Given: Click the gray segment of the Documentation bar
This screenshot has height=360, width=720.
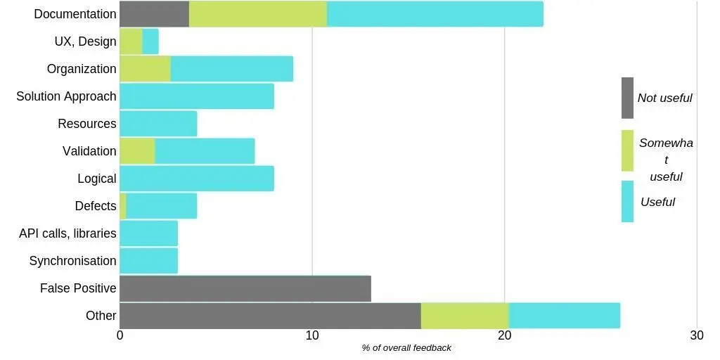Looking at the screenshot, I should tap(155, 14).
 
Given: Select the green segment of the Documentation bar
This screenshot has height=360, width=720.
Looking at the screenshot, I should tap(258, 14).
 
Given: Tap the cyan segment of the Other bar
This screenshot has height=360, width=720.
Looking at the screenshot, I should tap(564, 316).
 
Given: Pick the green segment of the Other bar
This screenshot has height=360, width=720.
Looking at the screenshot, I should tap(465, 316).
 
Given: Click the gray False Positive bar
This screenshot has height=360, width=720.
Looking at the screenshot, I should tap(245, 288).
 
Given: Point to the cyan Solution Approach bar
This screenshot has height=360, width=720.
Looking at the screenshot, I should tap(197, 96).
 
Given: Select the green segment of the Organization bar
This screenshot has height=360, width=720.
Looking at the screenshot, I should tap(146, 69).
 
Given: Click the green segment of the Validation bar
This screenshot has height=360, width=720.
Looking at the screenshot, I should tap(138, 151).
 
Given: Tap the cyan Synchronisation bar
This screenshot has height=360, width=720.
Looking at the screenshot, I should tap(149, 261).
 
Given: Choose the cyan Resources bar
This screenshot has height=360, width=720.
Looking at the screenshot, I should tap(158, 124).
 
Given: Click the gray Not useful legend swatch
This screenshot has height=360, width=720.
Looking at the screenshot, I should tap(627, 98).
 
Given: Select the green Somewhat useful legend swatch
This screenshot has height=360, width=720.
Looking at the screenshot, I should tap(627, 150).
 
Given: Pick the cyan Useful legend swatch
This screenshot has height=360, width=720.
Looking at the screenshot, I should tap(627, 202).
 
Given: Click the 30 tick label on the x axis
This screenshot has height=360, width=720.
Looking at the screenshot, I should tap(696, 336).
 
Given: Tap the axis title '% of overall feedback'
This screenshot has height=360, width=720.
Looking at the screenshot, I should tap(406, 348).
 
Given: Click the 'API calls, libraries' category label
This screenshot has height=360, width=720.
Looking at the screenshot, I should tap(67, 233).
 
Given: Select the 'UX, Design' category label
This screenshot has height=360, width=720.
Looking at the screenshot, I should tap(85, 41).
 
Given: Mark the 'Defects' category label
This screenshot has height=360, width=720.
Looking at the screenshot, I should tap(96, 206).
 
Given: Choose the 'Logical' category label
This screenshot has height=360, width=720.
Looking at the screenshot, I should tap(97, 179).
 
